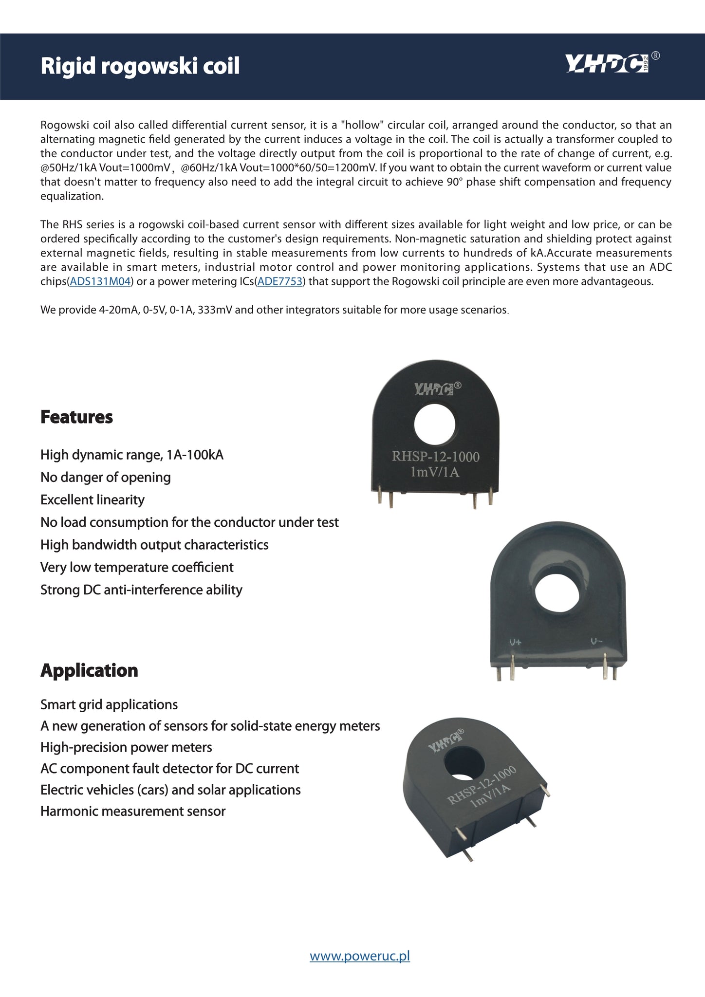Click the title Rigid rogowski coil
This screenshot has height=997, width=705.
click(x=140, y=66)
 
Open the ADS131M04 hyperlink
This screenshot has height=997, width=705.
click(x=100, y=282)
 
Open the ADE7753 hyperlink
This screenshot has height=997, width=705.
click(x=279, y=282)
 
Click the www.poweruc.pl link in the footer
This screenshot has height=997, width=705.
click(x=360, y=956)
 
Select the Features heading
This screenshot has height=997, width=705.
click(x=76, y=417)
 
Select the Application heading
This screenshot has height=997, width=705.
click(x=89, y=670)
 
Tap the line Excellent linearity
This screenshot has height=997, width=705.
click(x=93, y=500)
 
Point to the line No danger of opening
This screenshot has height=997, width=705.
click(x=106, y=477)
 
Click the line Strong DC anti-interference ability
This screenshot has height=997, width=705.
click(x=141, y=590)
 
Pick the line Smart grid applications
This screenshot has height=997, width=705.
click(x=109, y=704)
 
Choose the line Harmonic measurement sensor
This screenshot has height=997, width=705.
click(x=133, y=811)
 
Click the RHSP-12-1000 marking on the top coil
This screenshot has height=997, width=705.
click(x=436, y=457)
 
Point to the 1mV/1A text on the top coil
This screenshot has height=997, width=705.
click(x=435, y=472)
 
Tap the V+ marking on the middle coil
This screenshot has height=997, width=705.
click(x=515, y=642)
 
